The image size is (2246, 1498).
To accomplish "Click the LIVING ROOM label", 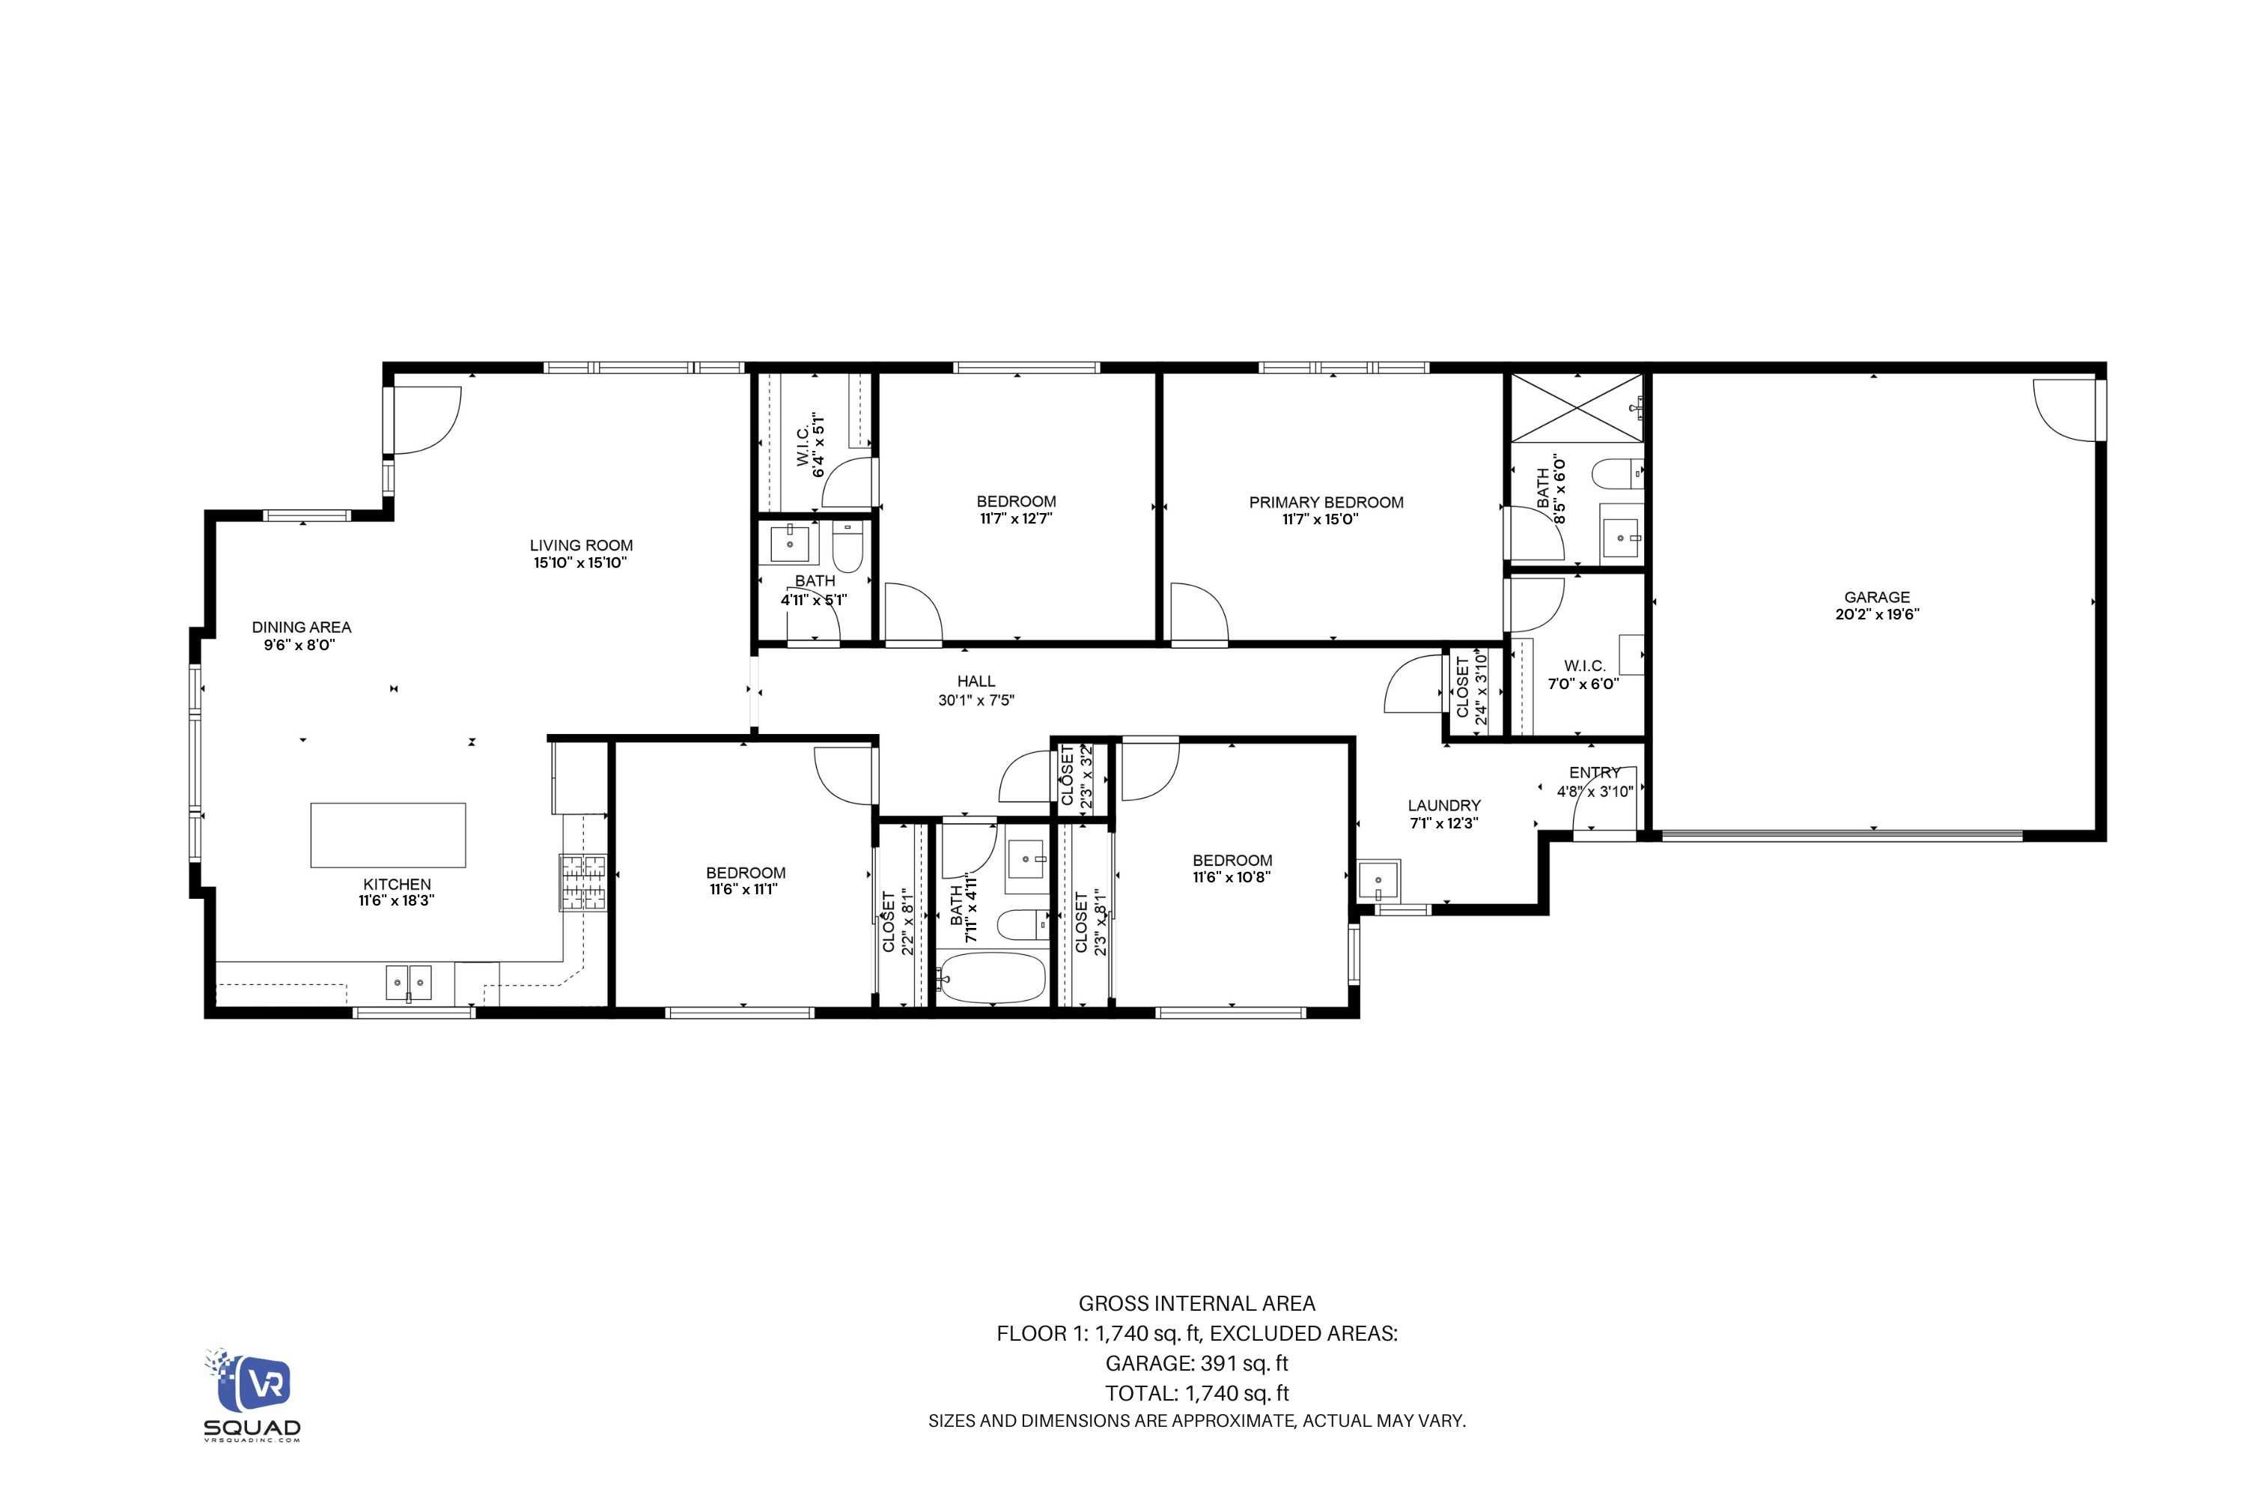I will (581, 545).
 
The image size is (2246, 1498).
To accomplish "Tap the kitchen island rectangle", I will (388, 835).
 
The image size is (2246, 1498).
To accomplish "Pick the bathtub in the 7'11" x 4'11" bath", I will (991, 977).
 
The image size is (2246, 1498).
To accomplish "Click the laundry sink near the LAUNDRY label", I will (1378, 880).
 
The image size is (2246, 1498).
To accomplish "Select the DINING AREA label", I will (301, 628).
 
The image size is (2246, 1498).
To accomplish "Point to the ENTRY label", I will (1594, 772).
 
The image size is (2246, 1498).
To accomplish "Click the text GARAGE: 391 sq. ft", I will (1196, 1363).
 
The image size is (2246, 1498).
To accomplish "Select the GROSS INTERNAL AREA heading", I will (1196, 1303).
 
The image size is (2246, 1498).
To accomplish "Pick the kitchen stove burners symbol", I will (582, 882).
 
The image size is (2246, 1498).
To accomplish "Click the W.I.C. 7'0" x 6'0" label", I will (1583, 675).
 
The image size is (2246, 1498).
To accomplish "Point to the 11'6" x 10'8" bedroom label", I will (1231, 868).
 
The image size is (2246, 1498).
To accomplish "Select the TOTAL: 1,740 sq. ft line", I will (1196, 1393).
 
